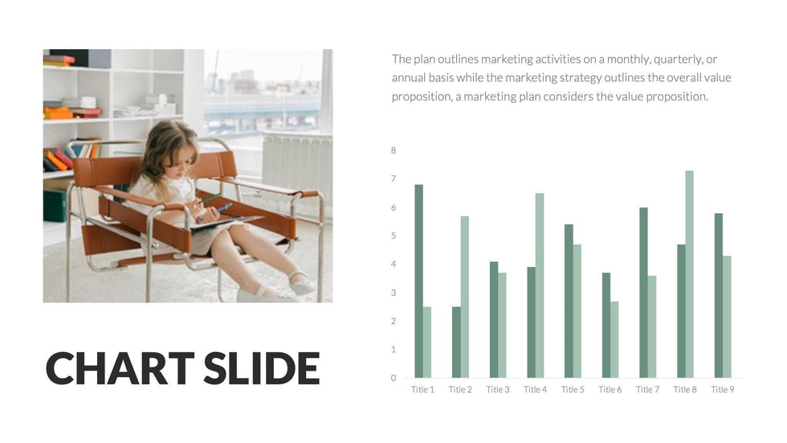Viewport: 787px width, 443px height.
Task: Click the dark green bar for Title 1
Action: [418, 281]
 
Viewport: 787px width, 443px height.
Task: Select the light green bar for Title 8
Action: [689, 274]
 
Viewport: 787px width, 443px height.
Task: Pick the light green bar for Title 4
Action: [540, 285]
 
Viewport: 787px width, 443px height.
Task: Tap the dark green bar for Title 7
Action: [643, 293]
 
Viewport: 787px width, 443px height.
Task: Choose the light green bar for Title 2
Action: [465, 297]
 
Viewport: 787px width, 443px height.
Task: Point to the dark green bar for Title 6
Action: [606, 325]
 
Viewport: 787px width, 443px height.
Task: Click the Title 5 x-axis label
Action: [573, 389]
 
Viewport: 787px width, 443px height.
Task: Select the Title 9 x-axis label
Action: [722, 389]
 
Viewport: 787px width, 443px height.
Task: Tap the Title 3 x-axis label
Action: [497, 389]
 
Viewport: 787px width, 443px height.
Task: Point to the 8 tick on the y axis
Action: [393, 150]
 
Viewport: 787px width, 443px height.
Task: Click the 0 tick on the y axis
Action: [393, 378]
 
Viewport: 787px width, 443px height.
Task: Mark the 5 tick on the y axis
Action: [393, 236]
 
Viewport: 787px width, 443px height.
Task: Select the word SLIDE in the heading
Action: [262, 367]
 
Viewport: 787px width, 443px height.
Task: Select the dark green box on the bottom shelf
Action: [55, 206]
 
